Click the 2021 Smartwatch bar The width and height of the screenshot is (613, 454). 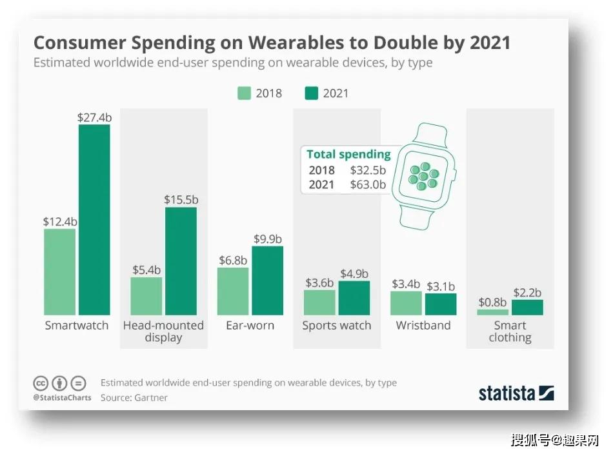[x=94, y=219]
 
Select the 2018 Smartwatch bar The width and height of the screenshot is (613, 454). [x=59, y=272]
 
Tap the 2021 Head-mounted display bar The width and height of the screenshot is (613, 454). [x=181, y=261]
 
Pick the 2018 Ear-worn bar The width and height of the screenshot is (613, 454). [x=232, y=291]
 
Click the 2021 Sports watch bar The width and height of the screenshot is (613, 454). [x=354, y=298]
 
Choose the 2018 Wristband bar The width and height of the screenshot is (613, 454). [x=406, y=303]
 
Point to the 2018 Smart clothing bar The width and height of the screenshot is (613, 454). [x=492, y=312]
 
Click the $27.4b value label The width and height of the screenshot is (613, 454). [x=95, y=117]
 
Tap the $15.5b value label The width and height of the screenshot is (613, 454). [x=181, y=200]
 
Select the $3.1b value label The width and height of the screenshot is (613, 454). [x=441, y=286]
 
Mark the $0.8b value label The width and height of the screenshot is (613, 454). [x=492, y=302]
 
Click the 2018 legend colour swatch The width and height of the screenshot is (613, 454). [x=244, y=94]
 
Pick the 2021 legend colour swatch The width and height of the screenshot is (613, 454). [x=311, y=94]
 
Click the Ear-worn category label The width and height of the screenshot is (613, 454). [x=250, y=325]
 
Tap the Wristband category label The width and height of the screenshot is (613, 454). [x=423, y=325]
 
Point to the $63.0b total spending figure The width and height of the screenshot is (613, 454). [x=368, y=184]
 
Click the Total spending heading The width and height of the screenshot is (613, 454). [x=348, y=154]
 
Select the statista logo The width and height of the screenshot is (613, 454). [x=516, y=393]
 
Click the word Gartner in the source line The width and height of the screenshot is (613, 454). [x=151, y=398]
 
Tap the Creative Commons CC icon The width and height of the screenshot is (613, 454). [x=41, y=384]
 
